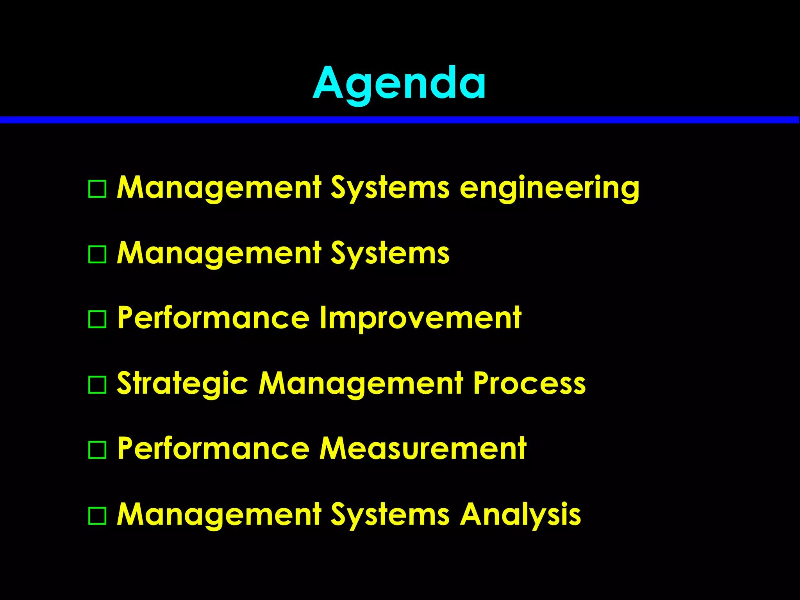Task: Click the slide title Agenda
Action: click(x=399, y=83)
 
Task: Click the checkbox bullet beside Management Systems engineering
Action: click(x=97, y=189)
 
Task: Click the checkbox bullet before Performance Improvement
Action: click(x=97, y=319)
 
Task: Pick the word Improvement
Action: click(x=420, y=318)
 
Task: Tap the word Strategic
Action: click(x=182, y=384)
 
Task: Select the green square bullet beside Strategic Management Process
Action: click(x=97, y=385)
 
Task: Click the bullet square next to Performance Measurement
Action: click(x=97, y=450)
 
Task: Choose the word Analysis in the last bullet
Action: click(x=520, y=514)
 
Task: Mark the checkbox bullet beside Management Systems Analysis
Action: click(x=97, y=516)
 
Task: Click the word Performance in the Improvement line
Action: click(x=213, y=318)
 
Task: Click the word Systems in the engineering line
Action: click(x=390, y=188)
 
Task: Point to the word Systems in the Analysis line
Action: click(x=390, y=514)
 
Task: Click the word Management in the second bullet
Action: click(x=219, y=253)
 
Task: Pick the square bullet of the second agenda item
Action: click(x=97, y=254)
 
